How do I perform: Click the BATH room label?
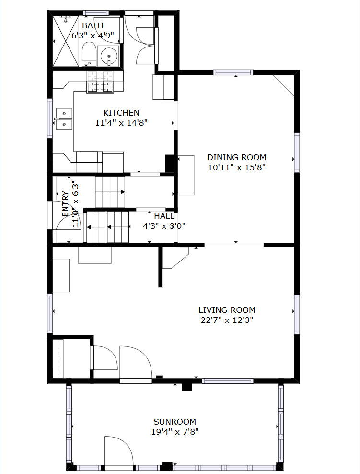coord(93,25)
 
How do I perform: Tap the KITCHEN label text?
coord(121,113)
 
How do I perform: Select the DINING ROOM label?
coord(236,157)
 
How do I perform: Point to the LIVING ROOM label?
coord(227,310)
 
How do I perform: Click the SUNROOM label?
coord(174,422)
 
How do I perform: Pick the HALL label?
coord(164,216)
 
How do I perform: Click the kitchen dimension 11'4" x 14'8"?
coord(121,123)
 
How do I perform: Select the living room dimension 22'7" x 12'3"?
coord(227,320)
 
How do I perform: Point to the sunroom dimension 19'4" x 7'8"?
coord(174,432)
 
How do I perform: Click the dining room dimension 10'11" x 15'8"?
coord(236,167)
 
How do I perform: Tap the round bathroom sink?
coord(109,56)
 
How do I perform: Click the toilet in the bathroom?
coord(89,54)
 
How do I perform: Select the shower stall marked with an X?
coord(66,41)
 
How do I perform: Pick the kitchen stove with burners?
coord(100,87)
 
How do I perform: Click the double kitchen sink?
coord(64,119)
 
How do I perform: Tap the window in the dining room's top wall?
coord(233,72)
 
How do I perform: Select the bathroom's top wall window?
coord(96,12)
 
